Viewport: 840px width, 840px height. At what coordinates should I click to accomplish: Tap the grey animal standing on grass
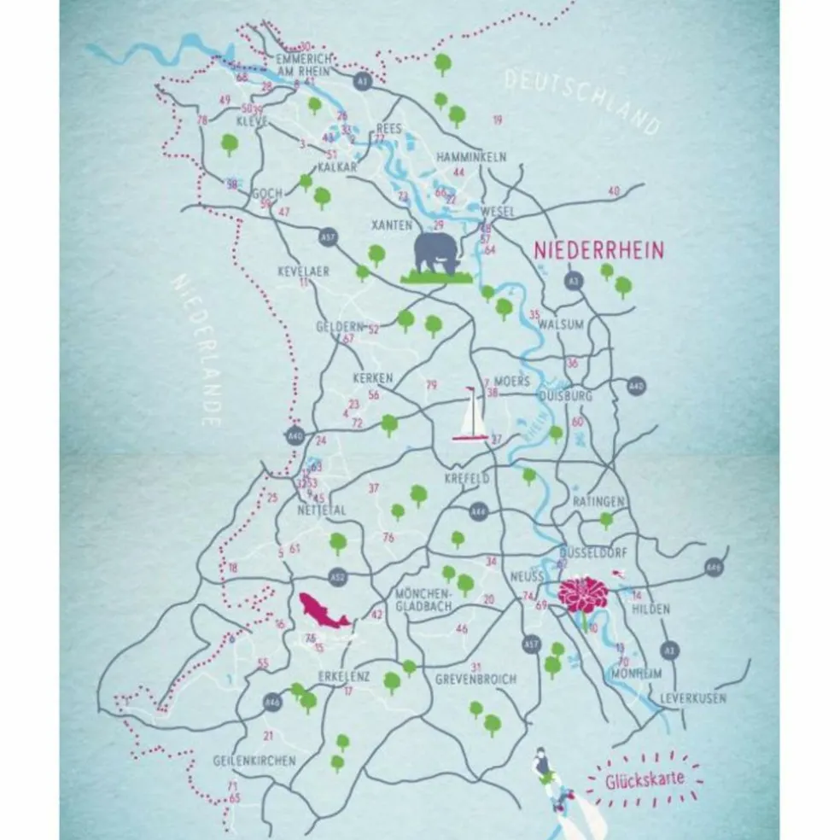click(438, 255)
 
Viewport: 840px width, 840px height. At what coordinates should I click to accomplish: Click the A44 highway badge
click(479, 511)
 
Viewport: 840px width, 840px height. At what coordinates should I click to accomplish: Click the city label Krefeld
click(467, 479)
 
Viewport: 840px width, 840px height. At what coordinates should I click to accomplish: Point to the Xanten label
click(393, 225)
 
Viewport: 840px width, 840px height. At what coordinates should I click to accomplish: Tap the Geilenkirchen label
click(254, 760)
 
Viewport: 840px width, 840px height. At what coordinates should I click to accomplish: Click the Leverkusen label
click(692, 697)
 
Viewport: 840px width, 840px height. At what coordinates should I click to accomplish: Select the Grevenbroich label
click(475, 680)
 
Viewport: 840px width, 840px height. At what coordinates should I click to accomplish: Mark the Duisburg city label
click(567, 396)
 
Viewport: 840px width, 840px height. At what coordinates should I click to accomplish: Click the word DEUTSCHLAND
click(581, 102)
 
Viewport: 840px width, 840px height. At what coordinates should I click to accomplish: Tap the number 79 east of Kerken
click(430, 384)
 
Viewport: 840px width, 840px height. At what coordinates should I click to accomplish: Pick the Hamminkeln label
click(470, 157)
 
